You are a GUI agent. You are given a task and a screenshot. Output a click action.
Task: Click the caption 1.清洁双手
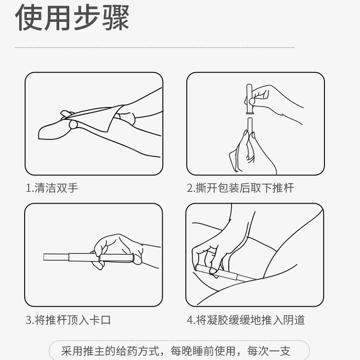point(51,188)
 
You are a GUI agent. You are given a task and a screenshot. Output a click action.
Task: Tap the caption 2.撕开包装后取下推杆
point(241,188)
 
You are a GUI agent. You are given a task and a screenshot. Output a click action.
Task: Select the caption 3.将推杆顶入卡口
point(68,319)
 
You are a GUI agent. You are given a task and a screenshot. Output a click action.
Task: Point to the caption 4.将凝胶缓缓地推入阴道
point(246,319)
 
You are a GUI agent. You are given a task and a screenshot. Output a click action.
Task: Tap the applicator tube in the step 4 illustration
point(228,274)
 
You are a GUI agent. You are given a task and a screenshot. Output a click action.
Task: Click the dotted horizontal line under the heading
point(155,47)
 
